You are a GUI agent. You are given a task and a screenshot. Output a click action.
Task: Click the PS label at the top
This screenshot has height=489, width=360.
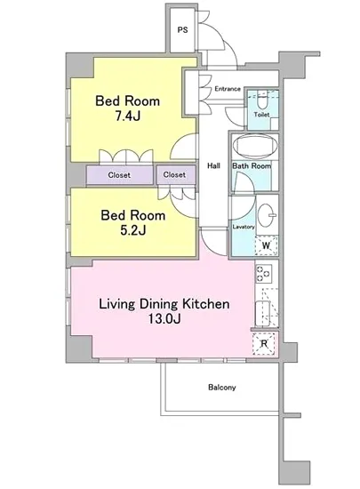coord(182,30)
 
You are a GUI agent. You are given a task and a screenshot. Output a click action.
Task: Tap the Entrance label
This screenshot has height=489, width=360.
coord(228,89)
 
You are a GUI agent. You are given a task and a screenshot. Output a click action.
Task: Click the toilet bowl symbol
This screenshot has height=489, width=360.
coord(261,100)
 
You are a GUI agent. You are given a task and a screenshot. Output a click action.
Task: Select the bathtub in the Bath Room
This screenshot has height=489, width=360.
coord(255,148)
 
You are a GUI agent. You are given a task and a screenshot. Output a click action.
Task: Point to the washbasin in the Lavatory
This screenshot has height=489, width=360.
coord(268,214)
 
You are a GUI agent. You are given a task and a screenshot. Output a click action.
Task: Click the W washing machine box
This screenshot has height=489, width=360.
coord(266,245)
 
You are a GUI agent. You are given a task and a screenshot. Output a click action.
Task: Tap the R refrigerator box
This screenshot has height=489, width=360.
coord(264,344)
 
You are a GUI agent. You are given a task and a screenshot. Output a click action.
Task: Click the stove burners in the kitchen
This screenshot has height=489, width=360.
coord(263,274)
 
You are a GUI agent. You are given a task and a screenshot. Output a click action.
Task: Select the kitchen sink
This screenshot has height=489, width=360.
coord(262,314)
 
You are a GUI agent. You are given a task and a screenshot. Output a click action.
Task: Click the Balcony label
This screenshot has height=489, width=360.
coord(222,388)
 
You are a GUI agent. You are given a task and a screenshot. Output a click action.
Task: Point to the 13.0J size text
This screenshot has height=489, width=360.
coord(164,318)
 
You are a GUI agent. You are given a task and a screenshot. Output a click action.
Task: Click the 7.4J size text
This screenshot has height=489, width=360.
coord(127,116)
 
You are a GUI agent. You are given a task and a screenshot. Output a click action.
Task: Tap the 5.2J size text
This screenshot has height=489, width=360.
coord(132,230)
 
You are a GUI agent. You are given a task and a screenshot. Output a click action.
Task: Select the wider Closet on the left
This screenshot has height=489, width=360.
coord(120,175)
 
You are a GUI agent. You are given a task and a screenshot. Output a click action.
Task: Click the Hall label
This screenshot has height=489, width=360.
coord(214,165)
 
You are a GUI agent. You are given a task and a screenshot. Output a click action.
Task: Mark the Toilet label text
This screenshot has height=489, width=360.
coord(261,115)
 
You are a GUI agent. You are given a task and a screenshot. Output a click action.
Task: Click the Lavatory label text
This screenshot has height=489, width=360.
coord(244,227)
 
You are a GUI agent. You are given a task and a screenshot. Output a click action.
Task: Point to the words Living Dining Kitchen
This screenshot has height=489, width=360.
coord(164,304)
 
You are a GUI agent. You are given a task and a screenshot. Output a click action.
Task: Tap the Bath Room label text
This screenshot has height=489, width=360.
coord(252,166)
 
